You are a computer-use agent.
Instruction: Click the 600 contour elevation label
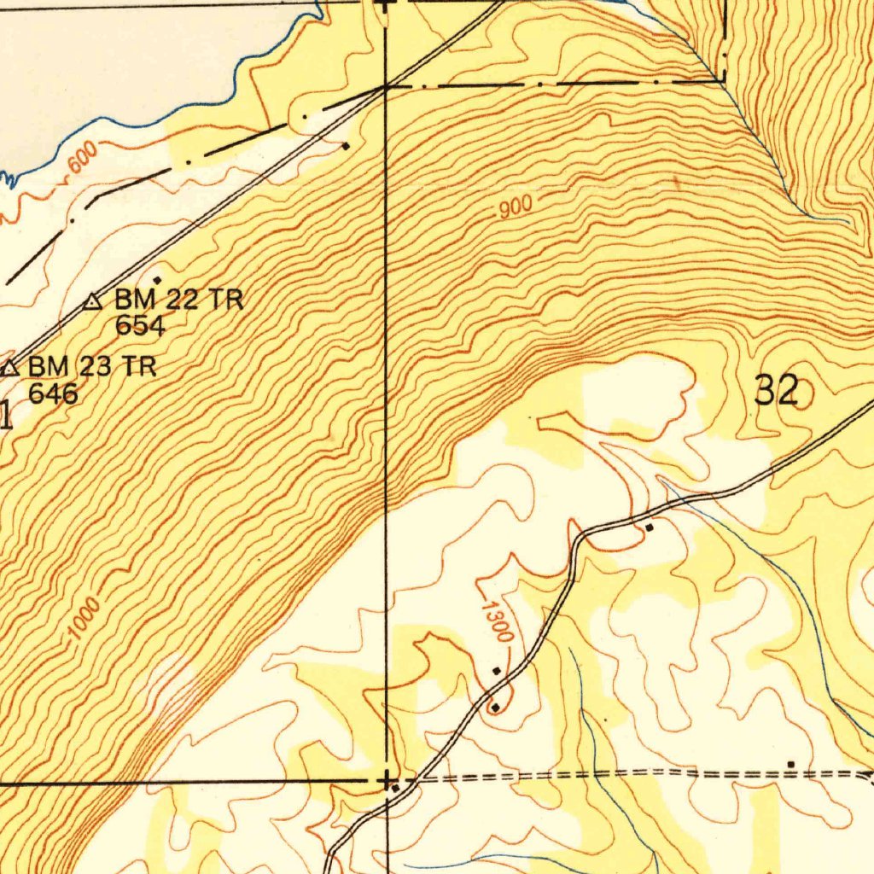point(84,160)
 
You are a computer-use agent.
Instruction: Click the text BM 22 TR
point(179,300)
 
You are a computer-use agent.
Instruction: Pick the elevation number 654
point(140,325)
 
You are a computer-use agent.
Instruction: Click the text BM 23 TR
point(92,368)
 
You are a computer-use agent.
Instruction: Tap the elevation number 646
point(53,393)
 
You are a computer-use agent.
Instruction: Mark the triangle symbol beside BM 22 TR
point(94,301)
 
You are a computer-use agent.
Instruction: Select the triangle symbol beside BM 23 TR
point(9,369)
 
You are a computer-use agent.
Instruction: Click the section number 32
point(777,392)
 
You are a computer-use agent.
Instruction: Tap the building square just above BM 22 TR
point(157,280)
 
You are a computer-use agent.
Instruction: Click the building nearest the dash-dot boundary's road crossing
point(346,146)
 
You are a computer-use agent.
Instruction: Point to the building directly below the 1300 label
point(497,671)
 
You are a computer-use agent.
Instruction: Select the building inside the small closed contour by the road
point(495,707)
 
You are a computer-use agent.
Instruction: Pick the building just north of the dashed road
point(791,764)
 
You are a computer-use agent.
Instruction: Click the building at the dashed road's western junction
point(393,788)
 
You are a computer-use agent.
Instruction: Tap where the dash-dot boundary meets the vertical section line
point(387,86)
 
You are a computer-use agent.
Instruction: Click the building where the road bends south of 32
point(650,528)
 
